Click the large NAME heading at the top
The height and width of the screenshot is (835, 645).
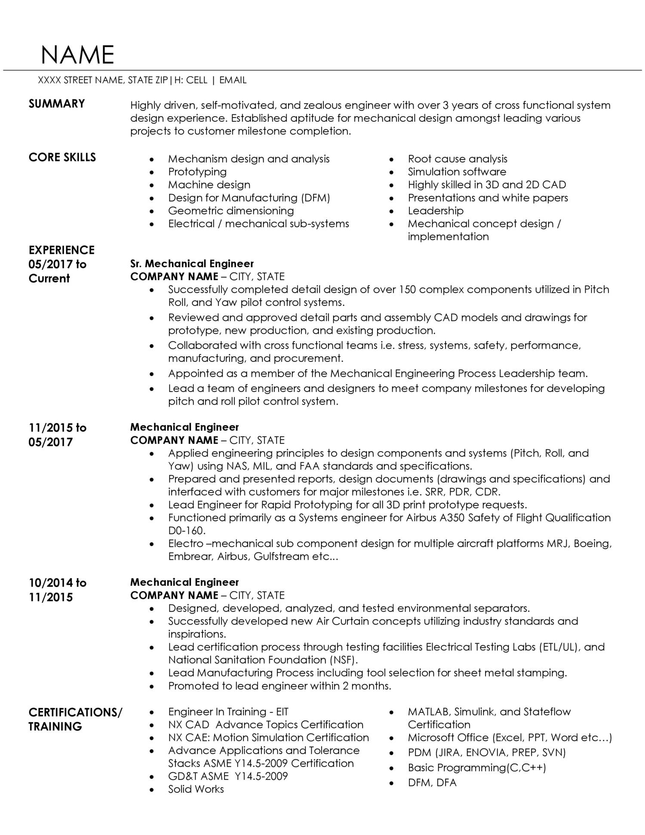tap(77, 55)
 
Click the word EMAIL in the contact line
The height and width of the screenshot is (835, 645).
tap(233, 80)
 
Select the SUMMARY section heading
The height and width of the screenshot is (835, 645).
tap(56, 104)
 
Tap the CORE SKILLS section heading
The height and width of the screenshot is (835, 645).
tap(62, 157)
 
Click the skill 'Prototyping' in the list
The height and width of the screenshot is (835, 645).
tap(197, 172)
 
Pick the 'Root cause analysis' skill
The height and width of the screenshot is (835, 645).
tap(457, 159)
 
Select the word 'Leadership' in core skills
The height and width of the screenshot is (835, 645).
tap(435, 210)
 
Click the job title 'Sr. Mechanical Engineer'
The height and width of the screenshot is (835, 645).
tap(192, 264)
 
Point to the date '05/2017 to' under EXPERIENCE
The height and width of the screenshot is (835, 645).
tap(57, 264)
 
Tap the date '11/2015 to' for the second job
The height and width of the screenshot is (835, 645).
tap(57, 428)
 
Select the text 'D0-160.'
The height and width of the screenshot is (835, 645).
tap(187, 530)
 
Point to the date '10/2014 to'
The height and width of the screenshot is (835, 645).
tap(57, 583)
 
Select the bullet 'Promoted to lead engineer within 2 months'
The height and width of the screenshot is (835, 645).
tap(279, 686)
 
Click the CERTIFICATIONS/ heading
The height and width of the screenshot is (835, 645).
tap(75, 712)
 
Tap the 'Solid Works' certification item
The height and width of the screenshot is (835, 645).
tap(196, 789)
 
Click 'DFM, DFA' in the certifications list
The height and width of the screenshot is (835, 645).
tap(432, 783)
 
